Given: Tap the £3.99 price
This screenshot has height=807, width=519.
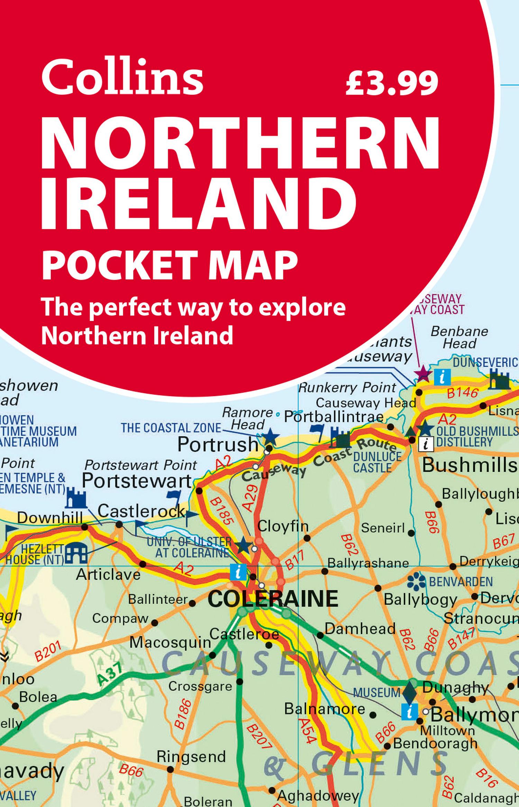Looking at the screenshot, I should [392, 82].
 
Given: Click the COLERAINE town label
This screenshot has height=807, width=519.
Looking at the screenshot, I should [273, 598].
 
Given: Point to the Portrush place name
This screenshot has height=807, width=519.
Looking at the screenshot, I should [218, 445].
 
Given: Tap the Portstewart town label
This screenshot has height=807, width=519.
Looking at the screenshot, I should [137, 481].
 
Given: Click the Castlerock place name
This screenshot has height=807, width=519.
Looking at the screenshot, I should [141, 511].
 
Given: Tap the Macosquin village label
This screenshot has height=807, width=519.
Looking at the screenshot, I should [170, 643].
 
